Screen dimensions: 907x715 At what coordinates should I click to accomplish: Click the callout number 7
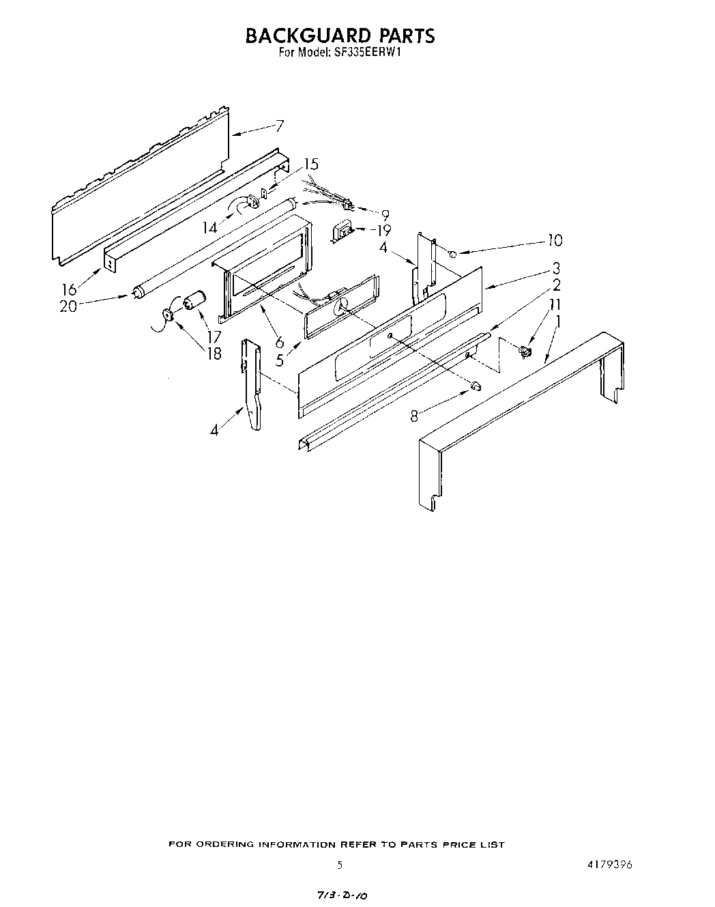point(279,126)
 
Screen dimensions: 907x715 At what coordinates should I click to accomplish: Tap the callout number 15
point(310,164)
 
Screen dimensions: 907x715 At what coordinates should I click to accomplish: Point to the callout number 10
point(555,240)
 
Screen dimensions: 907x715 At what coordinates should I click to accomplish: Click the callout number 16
point(70,290)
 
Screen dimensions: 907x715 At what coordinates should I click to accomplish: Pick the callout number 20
point(68,306)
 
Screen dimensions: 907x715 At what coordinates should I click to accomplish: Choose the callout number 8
point(415,414)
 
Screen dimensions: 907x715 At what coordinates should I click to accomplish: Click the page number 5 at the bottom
point(339,864)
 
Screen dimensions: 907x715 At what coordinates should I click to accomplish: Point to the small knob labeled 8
point(476,388)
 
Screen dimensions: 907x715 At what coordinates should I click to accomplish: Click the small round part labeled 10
point(452,253)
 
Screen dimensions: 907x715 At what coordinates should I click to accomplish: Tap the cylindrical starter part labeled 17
point(195,300)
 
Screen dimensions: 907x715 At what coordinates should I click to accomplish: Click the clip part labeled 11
point(525,351)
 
